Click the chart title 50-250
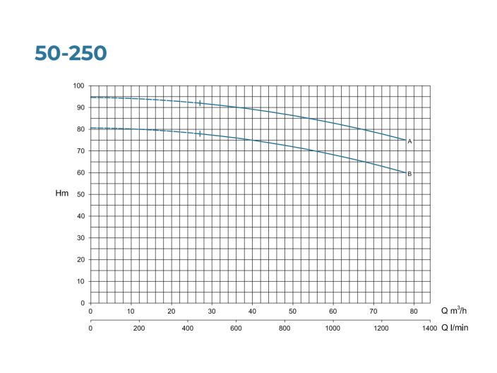(71, 54)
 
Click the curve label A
(409, 141)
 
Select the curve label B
(409, 174)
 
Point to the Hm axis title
(62, 194)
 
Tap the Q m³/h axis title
(455, 311)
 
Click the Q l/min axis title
(455, 328)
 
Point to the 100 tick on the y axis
(78, 86)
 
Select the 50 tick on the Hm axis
(80, 195)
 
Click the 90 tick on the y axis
(80, 108)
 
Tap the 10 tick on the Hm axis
(80, 282)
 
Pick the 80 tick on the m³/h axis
(414, 311)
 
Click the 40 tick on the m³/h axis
(252, 311)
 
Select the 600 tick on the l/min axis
(236, 328)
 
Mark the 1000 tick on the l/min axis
(333, 328)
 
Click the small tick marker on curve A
(200, 103)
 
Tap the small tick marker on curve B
(200, 134)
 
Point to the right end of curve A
(405, 140)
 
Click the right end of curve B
(405, 172)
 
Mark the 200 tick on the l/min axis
(139, 328)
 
